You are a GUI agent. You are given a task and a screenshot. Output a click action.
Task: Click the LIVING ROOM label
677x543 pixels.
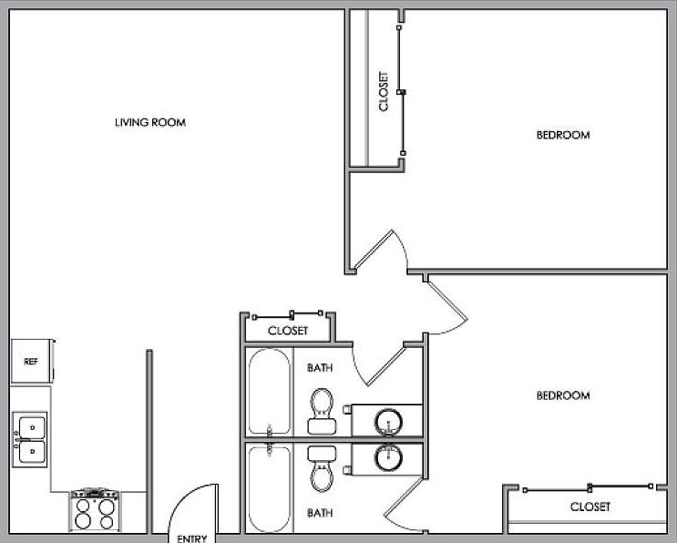pos(150,122)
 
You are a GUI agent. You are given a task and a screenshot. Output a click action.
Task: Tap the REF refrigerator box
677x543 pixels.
pos(31,362)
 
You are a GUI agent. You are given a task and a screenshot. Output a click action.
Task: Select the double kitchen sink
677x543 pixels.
pos(30,438)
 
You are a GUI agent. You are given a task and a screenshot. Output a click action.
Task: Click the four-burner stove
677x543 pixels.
pos(95,510)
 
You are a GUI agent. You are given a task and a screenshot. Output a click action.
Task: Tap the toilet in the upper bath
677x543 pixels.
pos(321,409)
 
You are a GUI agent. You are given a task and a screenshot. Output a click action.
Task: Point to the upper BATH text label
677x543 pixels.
pos(320,368)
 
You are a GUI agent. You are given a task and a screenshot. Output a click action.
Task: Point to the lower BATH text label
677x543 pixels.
pos(320,513)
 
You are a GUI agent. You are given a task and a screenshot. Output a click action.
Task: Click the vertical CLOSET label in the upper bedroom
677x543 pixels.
pos(384,91)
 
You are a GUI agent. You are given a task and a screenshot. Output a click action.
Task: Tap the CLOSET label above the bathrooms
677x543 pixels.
pos(288,331)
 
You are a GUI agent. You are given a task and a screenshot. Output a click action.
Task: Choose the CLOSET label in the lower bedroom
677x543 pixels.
pos(590,507)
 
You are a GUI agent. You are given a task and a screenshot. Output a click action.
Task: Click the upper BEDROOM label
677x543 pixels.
pos(562,135)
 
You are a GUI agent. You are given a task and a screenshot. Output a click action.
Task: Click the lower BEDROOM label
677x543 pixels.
pos(562,395)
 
